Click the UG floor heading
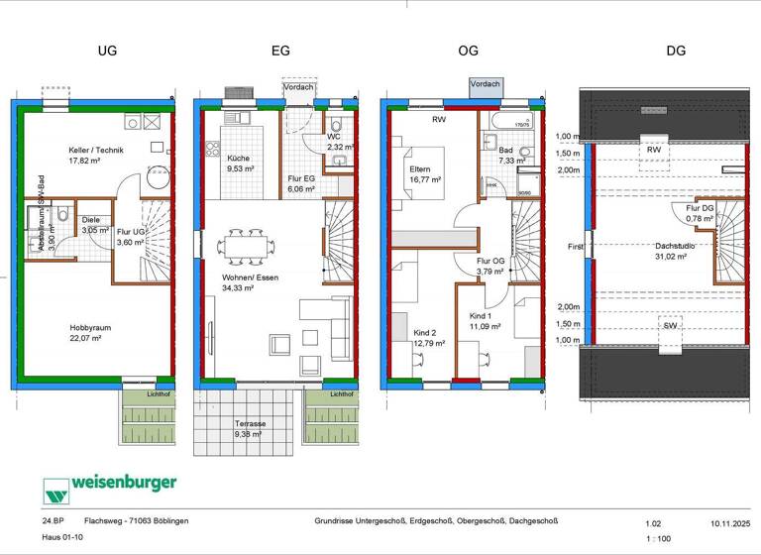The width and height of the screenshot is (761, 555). pos(107,50)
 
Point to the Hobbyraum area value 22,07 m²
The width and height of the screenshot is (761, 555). pos(85,338)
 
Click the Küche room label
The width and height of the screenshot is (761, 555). pos(238,158)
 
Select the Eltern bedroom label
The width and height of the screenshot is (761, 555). pos(420,169)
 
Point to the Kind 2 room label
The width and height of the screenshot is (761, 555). pos(426,332)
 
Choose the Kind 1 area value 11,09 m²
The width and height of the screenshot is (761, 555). pos(486,325)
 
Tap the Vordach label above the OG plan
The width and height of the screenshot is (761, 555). pos(485,84)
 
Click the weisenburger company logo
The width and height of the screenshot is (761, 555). pos(110,485)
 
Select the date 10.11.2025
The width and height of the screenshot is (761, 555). pos(730,520)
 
